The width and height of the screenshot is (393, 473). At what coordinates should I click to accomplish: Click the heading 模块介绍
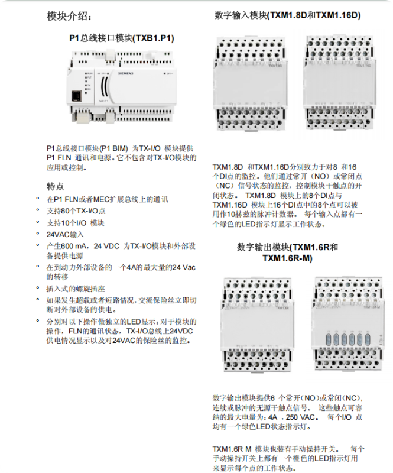click(69, 16)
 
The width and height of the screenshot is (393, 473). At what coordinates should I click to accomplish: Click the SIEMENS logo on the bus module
click(126, 73)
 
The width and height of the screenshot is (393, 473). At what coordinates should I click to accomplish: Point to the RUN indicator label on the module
click(90, 73)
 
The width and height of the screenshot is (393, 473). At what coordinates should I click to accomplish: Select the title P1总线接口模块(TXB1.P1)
click(122, 38)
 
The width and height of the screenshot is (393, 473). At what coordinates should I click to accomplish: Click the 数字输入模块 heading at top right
click(287, 15)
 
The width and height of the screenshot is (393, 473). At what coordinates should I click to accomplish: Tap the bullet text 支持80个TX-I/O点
click(76, 211)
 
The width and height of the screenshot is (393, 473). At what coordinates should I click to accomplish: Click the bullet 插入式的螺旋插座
click(76, 289)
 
